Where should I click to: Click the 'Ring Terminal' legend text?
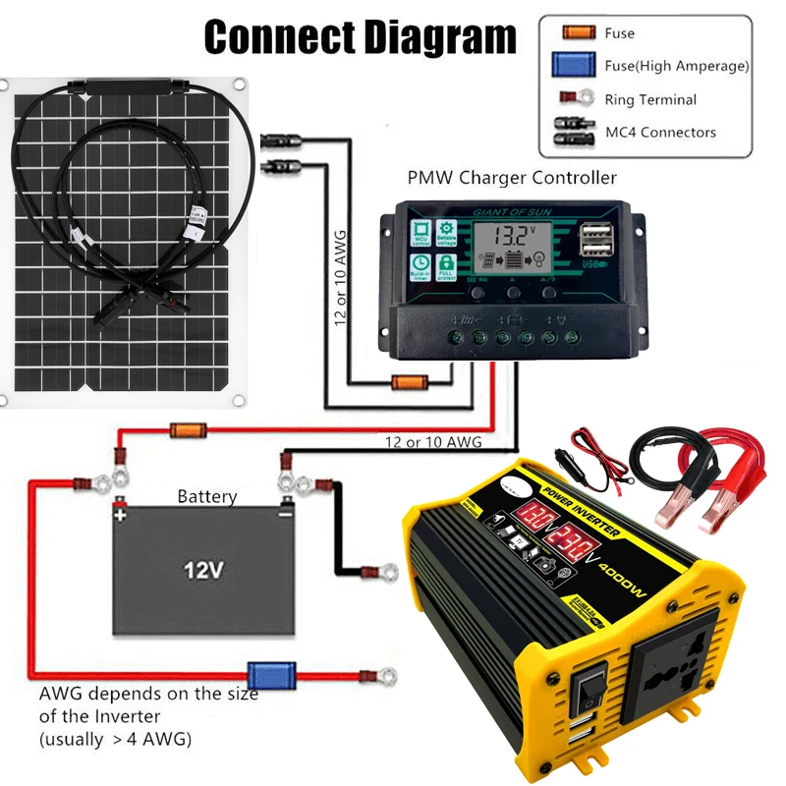pyautogui.click(x=651, y=99)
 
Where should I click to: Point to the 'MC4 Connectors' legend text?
pyautogui.click(x=660, y=132)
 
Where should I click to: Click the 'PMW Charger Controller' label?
pyautogui.click(x=512, y=178)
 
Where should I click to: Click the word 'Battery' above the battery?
pyautogui.click(x=206, y=497)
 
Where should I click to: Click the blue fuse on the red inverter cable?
pyautogui.click(x=264, y=674)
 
